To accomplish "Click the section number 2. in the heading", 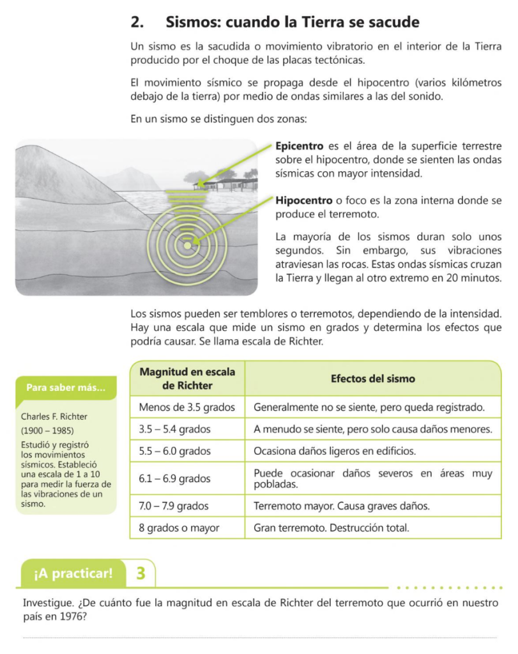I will tap(136, 22).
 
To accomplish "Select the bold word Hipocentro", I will tap(303, 201).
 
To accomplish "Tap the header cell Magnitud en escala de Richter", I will tap(187, 378).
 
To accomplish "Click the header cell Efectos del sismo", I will tap(372, 379).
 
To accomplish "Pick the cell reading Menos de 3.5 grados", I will tap(187, 407).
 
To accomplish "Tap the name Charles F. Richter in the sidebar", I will tap(54, 416).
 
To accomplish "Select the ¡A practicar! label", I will tap(73, 574).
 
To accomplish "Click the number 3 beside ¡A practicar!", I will tap(141, 573).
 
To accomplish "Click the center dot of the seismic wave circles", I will tap(187, 245).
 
